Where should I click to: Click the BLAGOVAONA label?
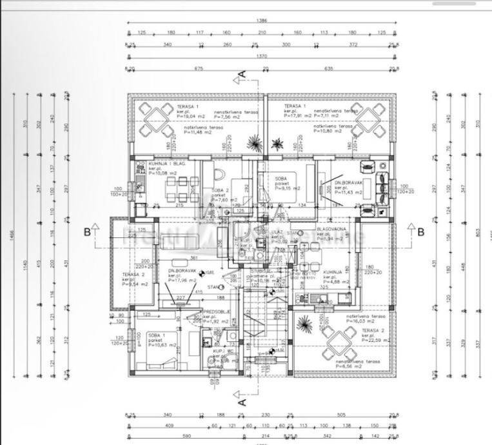tap(331, 228)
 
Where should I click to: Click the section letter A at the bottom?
tap(242, 400)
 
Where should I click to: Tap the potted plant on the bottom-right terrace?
tap(304, 322)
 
